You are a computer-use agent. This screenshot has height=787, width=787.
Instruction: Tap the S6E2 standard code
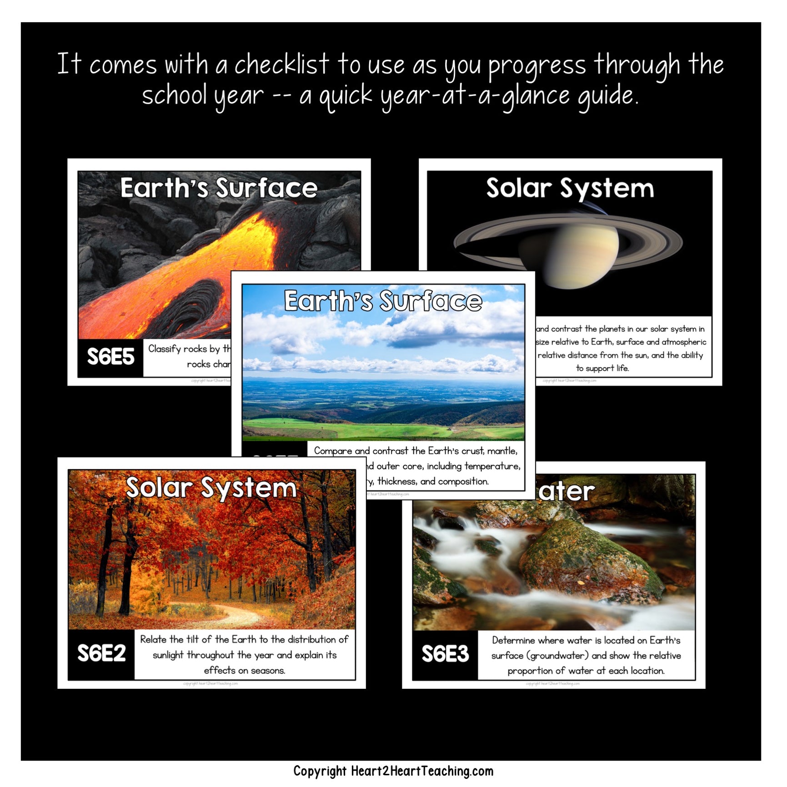[101, 654]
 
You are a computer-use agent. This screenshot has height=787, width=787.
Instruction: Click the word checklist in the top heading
[281, 65]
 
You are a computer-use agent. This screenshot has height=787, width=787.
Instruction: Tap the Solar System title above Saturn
[570, 188]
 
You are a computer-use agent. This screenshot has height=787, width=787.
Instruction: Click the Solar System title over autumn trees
[211, 488]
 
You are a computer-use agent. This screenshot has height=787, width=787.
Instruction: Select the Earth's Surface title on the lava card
[219, 188]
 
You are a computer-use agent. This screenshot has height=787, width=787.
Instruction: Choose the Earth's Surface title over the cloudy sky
[383, 301]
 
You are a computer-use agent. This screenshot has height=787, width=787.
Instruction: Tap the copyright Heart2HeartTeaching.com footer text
[393, 771]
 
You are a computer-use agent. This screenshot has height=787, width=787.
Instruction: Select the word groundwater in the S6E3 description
[557, 656]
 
